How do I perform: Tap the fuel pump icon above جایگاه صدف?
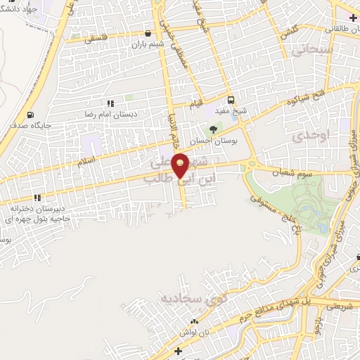(30, 115)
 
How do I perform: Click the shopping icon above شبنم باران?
(147, 32)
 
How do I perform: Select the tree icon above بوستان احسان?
(214, 129)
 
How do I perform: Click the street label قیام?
(198, 105)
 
